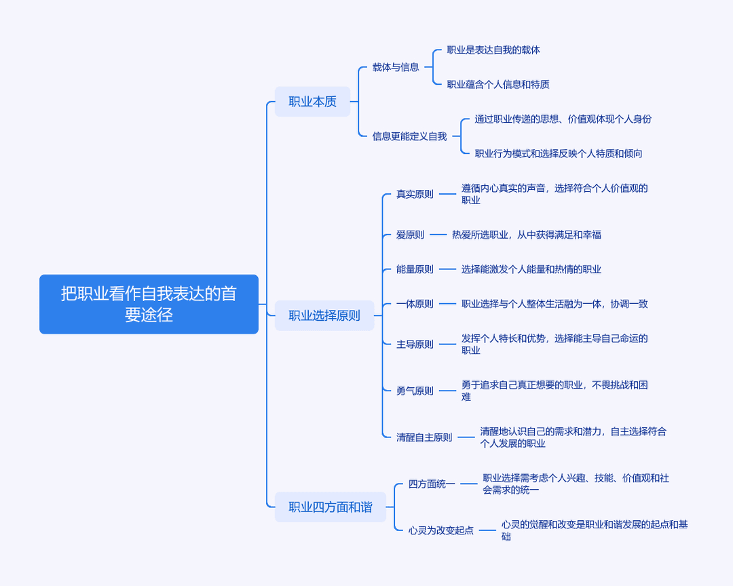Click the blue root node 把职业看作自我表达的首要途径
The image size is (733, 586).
coord(149,305)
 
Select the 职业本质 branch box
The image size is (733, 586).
coord(312,102)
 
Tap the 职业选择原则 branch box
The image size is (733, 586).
coord(324,315)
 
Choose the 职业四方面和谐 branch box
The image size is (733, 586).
coord(331,507)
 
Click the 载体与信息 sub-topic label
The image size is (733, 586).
coord(396,67)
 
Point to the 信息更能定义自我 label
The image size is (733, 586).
coord(409,136)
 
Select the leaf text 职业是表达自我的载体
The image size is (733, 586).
coord(493,50)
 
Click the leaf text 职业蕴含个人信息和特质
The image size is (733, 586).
coord(498,85)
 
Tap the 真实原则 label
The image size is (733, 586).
coord(415,194)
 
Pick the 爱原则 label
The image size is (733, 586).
coord(410,235)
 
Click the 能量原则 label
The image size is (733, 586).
coord(415,269)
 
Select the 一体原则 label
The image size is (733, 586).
coord(415,304)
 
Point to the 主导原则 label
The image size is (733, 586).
coord(415,345)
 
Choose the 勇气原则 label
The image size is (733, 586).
coord(415,391)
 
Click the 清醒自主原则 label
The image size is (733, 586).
coord(424,437)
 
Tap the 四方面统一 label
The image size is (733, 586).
coord(432,484)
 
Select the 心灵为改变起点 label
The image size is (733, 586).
coord(441,530)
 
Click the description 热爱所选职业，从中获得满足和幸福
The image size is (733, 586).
coord(527,235)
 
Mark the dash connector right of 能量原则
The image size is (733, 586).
coord(447,269)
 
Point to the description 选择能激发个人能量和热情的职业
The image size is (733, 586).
coord(531,269)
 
